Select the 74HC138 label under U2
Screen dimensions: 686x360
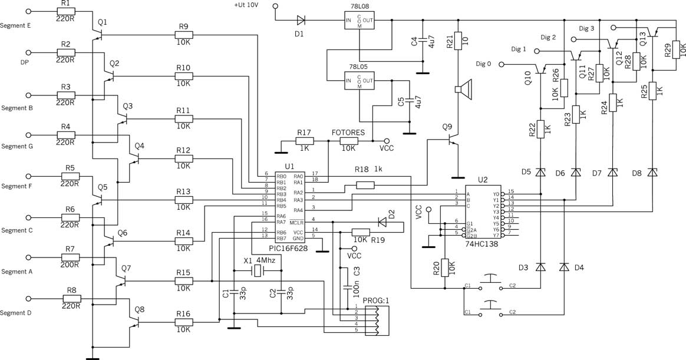coord(483,244)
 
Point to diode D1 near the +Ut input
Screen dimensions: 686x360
coord(301,19)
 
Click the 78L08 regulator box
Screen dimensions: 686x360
coord(360,20)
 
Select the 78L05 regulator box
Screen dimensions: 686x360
coord(360,81)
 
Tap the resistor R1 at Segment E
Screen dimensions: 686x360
coord(65,11)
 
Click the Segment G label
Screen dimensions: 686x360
coord(17,147)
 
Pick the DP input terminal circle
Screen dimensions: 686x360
coord(29,54)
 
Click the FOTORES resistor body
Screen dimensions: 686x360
coord(349,141)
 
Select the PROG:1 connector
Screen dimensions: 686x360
coord(375,320)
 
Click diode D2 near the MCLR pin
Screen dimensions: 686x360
coord(382,223)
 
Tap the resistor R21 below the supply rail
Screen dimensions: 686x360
coord(459,40)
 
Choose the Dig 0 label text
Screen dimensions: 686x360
coord(483,64)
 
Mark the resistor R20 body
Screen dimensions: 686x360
coord(445,267)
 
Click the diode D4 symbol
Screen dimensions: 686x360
coord(565,267)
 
